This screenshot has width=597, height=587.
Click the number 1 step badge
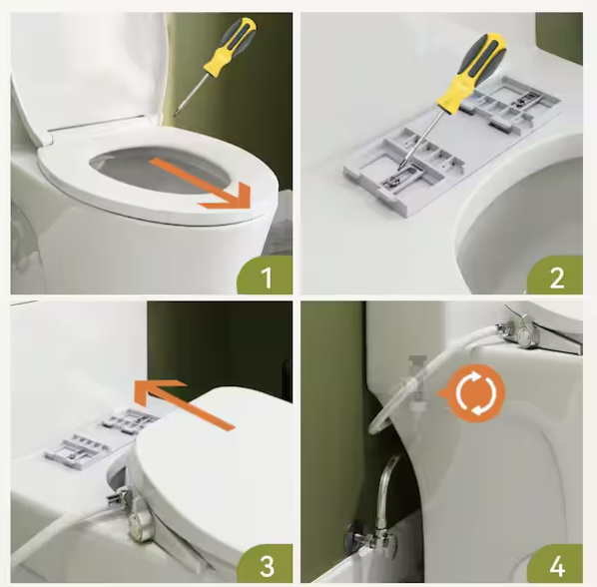point(265,275)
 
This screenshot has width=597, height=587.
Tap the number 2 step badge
point(555,275)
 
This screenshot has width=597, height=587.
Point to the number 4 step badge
point(555,564)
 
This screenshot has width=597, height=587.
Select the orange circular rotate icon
point(475,393)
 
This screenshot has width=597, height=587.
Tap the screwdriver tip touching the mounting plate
point(399,167)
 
